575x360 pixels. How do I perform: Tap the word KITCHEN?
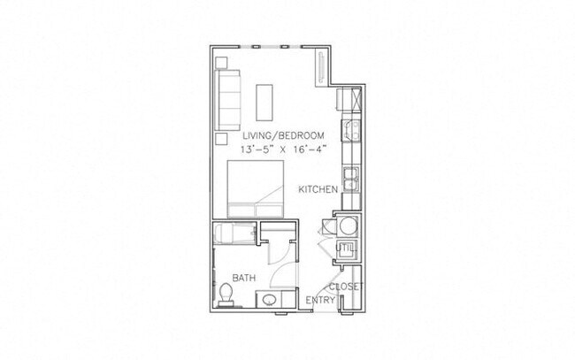[x=316, y=189]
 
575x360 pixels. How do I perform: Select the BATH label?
[x=244, y=278]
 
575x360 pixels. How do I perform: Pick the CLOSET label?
[x=345, y=287]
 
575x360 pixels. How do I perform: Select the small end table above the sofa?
[x=221, y=64]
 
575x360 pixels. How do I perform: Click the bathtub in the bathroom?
[x=235, y=234]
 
